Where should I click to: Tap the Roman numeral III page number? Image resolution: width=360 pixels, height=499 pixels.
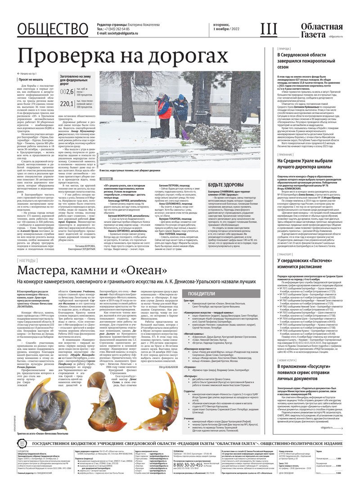coord(269,30)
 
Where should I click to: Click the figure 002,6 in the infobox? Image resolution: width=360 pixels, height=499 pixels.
coord(66,91)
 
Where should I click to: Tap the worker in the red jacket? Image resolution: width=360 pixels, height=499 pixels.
coord(166,112)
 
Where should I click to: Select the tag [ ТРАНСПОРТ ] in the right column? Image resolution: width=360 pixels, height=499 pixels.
coord(290,254)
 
